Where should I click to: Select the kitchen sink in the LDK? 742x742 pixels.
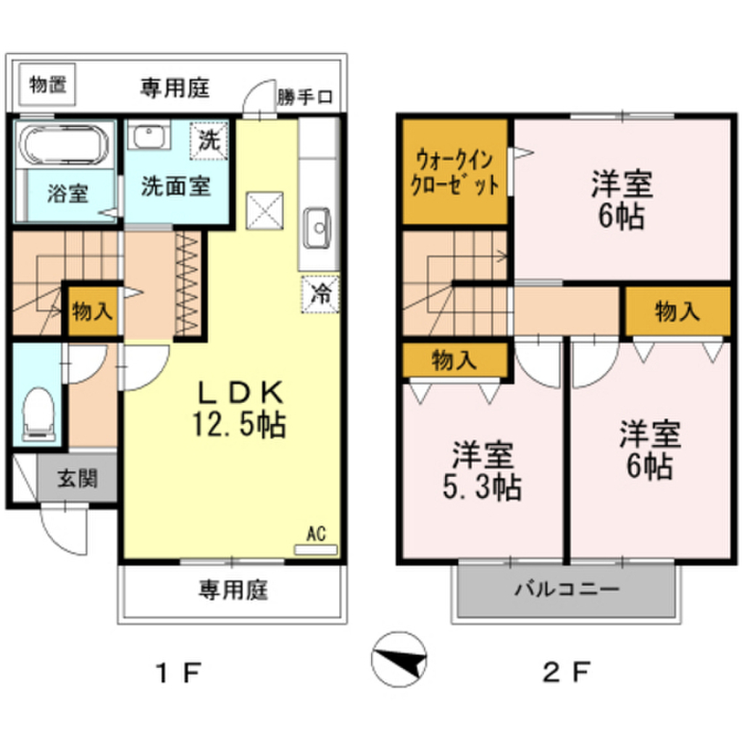[318, 229]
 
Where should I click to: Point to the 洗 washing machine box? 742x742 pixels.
[209, 139]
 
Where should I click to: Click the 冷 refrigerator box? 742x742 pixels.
[319, 293]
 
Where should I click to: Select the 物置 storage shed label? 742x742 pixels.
[48, 84]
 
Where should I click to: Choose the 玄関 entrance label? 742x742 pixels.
[78, 478]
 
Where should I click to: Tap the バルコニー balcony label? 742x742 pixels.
[567, 588]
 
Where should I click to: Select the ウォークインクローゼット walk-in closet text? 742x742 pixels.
[455, 171]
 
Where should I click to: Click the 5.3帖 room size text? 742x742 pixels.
[482, 489]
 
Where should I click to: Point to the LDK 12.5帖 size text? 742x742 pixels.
[239, 424]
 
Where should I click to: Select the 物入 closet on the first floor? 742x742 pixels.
[92, 312]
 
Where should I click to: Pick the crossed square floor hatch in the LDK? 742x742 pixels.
[265, 211]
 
